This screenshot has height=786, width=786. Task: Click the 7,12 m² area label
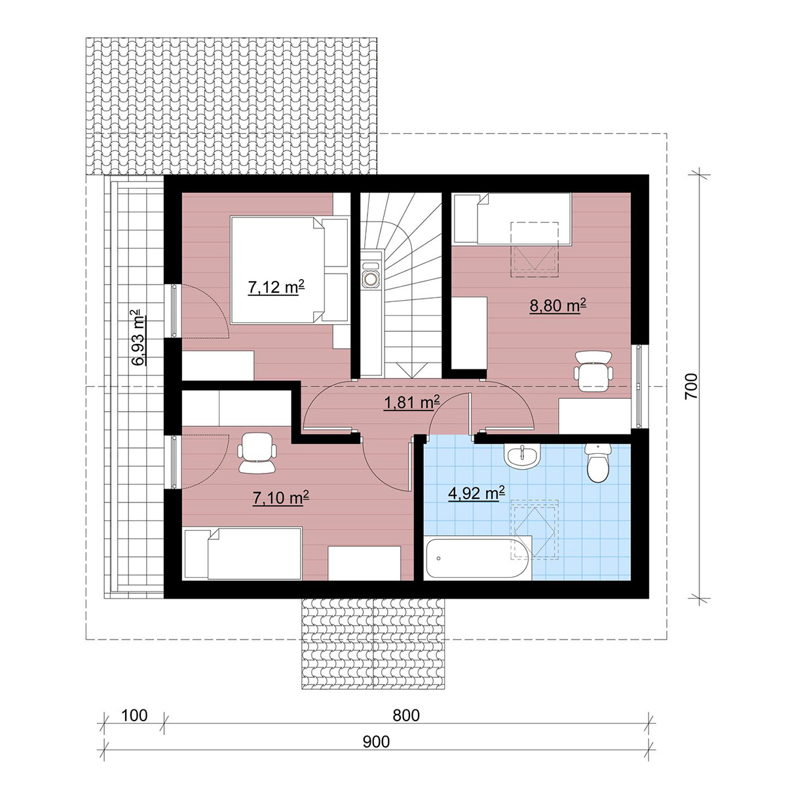click(x=276, y=288)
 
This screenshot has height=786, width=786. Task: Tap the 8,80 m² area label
click(x=557, y=305)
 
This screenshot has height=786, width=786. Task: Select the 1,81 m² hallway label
click(x=412, y=403)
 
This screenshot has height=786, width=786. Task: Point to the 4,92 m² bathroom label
click(x=476, y=494)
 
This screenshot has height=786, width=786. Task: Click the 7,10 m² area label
click(x=280, y=498)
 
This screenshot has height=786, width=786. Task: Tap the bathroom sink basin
click(x=522, y=455)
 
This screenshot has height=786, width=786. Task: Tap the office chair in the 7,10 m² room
click(x=257, y=453)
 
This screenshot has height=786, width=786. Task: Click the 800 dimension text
click(x=406, y=715)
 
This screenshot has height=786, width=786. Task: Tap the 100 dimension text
click(x=134, y=715)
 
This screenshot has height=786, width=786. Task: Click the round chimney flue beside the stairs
click(x=371, y=278)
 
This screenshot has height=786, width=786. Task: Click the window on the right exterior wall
click(x=639, y=386)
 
